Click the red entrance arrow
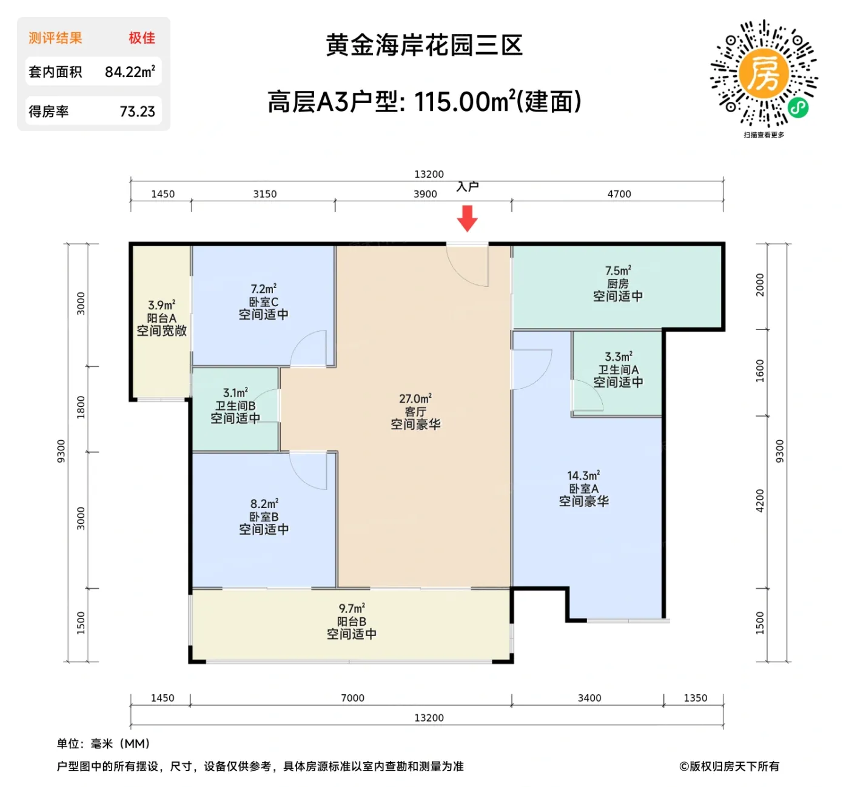tap(467, 218)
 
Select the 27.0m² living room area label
tap(415, 399)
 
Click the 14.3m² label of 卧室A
tap(583, 476)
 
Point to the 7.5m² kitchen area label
tap(618, 270)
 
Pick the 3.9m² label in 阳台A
tap(161, 305)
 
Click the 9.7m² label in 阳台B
tap(352, 608)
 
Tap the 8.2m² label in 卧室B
tap(264, 504)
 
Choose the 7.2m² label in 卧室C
tap(263, 289)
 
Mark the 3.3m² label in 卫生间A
tap(618, 357)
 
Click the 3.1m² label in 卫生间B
tap(235, 393)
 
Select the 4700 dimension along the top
tap(619, 194)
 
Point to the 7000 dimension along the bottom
tap(352, 698)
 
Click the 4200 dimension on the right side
tap(760, 501)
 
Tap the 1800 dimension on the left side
tap(81, 407)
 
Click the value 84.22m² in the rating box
tap(130, 72)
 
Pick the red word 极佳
tap(141, 38)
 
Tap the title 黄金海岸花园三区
tap(424, 45)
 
